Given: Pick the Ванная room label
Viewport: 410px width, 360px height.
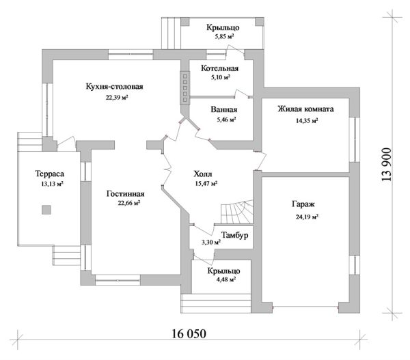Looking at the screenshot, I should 223,109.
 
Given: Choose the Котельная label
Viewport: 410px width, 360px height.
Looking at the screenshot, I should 219,69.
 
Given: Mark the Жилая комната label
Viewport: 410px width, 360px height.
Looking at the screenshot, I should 305,109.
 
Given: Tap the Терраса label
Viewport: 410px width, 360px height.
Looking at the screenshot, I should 49,174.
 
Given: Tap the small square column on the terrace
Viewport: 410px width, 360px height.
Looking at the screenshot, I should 46,212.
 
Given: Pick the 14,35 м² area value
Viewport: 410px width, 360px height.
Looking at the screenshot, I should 305,121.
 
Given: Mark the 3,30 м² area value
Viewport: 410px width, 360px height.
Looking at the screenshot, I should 210,243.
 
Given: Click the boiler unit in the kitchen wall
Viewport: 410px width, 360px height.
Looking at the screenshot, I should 184,87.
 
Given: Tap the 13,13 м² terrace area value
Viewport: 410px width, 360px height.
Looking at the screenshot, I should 49,184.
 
